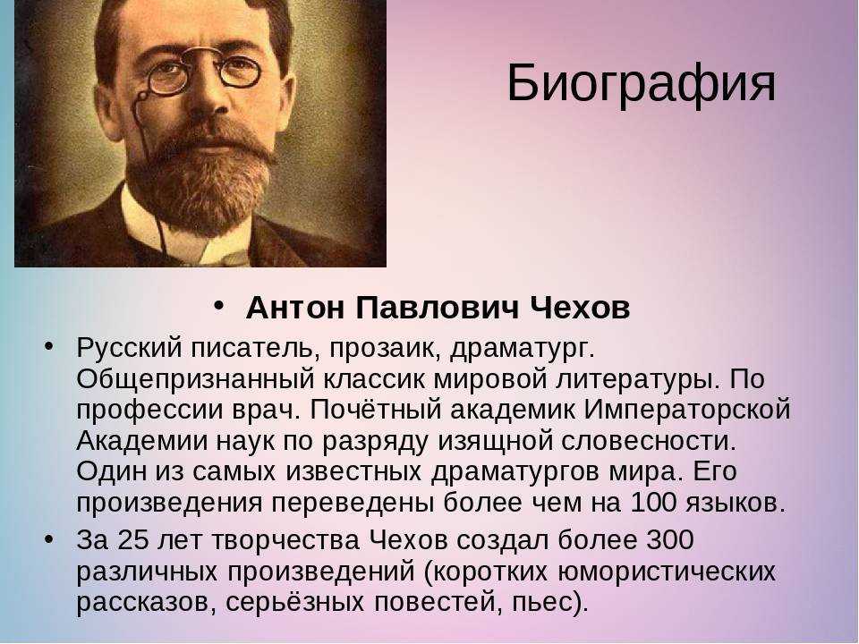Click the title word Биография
pyautogui.click(x=641, y=85)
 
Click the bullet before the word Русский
pyautogui.click(x=50, y=345)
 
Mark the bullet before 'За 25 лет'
pyautogui.click(x=50, y=538)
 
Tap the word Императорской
pyautogui.click(x=687, y=410)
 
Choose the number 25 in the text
pyautogui.click(x=132, y=541)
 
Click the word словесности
pyautogui.click(x=648, y=441)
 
